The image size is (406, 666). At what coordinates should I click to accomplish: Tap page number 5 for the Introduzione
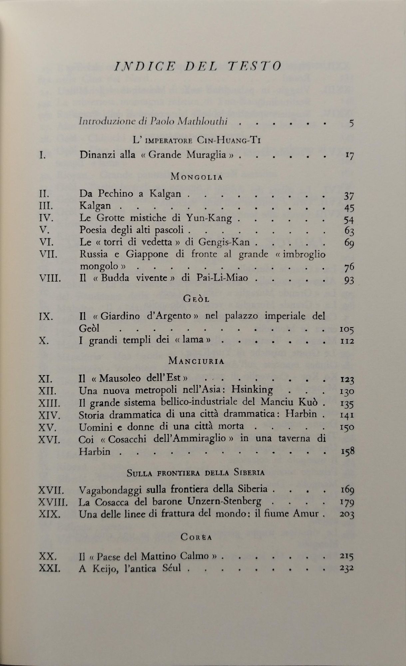tap(351, 124)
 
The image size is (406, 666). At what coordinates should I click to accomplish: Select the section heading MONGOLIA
tap(196, 177)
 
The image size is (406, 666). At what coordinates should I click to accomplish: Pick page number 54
tap(348, 219)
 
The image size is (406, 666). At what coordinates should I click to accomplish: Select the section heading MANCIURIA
tap(196, 361)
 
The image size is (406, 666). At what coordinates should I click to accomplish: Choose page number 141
tap(347, 415)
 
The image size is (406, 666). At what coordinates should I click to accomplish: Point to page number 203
tap(347, 514)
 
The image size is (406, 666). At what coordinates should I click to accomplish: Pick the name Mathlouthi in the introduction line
tap(202, 122)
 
